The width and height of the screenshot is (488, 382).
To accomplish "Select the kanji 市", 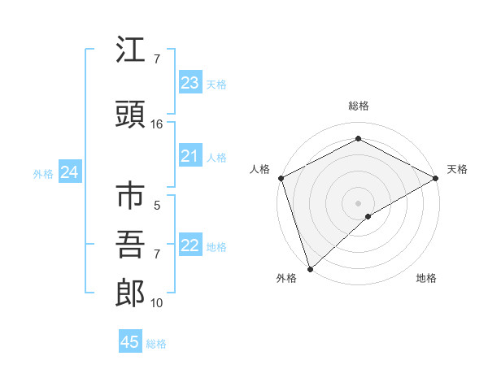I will [x=130, y=198].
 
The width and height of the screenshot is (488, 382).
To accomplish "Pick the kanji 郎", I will [x=130, y=293].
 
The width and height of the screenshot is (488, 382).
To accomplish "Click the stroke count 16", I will [x=157, y=124].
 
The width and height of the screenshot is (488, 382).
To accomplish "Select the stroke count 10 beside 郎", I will [x=157, y=303].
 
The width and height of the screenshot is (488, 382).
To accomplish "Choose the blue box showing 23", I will [x=190, y=83].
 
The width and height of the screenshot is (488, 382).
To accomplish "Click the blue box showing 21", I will [x=190, y=156].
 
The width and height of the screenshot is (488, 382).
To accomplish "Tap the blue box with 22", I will [x=190, y=245].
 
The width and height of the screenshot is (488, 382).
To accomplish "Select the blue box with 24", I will [x=70, y=172].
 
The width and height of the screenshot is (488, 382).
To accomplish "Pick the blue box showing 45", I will [x=130, y=342].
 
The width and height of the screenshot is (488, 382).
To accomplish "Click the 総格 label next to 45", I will [x=156, y=344].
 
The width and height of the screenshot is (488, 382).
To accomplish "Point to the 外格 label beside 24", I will [x=43, y=174].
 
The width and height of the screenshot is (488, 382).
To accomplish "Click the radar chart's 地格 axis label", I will [x=426, y=279].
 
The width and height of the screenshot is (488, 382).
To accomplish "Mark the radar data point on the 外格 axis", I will [x=309, y=268].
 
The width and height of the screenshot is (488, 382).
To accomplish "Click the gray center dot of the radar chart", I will [x=358, y=202].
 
